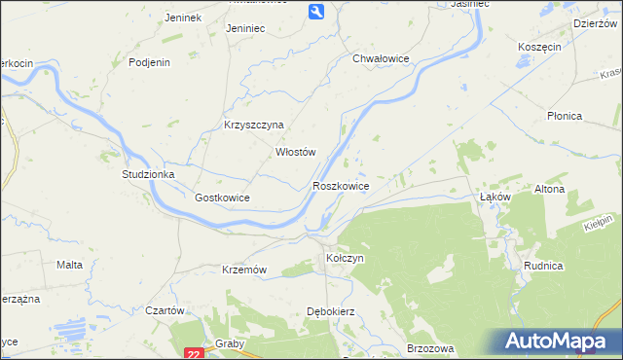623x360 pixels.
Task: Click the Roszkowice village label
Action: tap(340, 185)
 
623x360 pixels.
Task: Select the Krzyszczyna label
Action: tap(253, 125)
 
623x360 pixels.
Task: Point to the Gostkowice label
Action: tap(223, 198)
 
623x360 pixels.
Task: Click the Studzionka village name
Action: tap(147, 174)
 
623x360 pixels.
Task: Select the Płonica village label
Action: tap(564, 116)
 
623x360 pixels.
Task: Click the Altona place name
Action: tap(550, 189)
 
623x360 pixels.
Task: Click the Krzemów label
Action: tap(244, 270)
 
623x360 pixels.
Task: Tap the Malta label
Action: tap(69, 265)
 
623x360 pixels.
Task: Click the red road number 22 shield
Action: tap(194, 354)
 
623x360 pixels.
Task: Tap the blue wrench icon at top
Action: tap(317, 11)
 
